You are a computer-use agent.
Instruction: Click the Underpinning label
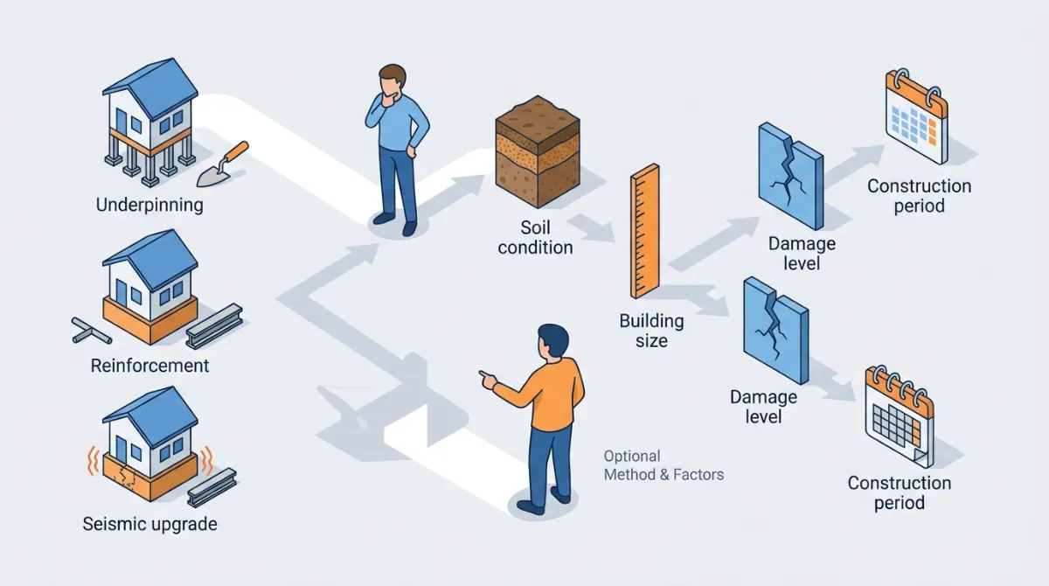pyautogui.click(x=149, y=206)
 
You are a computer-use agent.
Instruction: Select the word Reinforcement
pyautogui.click(x=149, y=365)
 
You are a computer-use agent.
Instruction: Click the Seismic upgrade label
pyautogui.click(x=149, y=525)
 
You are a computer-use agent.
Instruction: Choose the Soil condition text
pyautogui.click(x=535, y=237)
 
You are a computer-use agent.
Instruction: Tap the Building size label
pyautogui.click(x=651, y=330)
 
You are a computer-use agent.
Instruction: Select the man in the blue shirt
pyautogui.click(x=399, y=149)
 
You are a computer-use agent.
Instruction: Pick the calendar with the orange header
pyautogui.click(x=916, y=118)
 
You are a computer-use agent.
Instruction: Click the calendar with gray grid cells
pyautogui.click(x=898, y=415)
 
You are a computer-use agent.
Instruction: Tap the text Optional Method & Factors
pyautogui.click(x=663, y=465)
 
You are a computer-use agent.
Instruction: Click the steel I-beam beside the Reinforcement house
pyautogui.click(x=214, y=324)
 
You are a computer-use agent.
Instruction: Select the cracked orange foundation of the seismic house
pyautogui.click(x=149, y=472)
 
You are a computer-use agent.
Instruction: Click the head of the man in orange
pyautogui.click(x=552, y=341)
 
